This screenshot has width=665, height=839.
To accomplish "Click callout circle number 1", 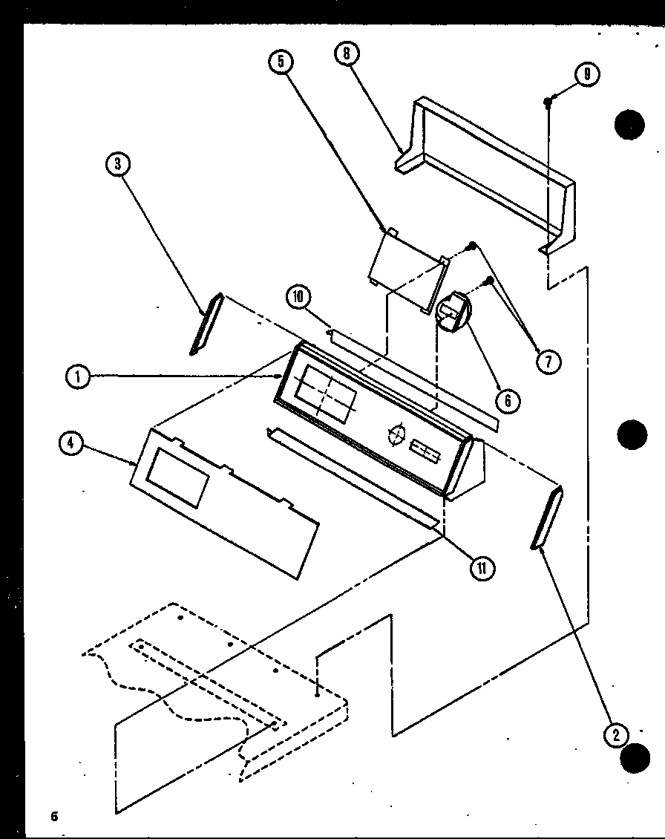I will (78, 377).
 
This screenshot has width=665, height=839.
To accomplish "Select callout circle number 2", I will (615, 734).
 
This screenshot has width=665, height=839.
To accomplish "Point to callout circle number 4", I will (70, 443).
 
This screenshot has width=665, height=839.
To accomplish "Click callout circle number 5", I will (281, 62).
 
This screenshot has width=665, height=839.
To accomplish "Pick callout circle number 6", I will (508, 401).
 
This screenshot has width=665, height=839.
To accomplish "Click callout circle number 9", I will (587, 74).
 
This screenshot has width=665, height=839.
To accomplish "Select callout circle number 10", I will (298, 298).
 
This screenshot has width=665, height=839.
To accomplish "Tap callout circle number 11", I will (482, 568).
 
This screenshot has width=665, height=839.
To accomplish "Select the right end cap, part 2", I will (547, 518).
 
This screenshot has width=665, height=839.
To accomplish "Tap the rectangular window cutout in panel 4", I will (178, 479).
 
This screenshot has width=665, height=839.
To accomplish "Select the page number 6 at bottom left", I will (54, 817).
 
